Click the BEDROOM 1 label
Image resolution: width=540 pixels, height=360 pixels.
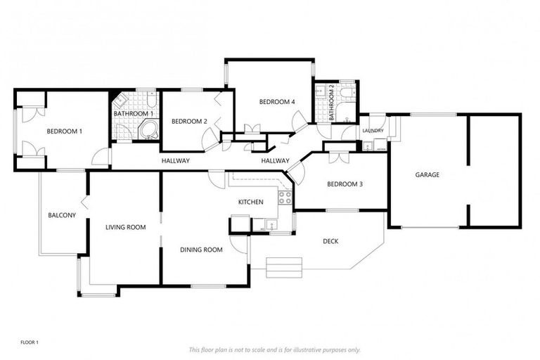click(65, 131)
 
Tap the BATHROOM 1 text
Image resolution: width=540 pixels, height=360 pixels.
click(134, 114)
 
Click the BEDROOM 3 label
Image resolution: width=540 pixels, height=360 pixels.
click(345, 184)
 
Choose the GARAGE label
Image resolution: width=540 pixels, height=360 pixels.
click(427, 175)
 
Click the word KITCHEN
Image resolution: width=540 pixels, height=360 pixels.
click(250, 202)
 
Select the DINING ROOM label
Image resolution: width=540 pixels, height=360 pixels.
click(201, 250)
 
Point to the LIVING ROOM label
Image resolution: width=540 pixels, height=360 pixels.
click(125, 227)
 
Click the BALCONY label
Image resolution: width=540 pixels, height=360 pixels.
click(62, 215)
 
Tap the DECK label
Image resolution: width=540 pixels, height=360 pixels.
click(330, 242)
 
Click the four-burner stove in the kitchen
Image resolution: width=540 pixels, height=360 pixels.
click(285, 198)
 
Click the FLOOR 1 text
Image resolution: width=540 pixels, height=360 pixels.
click(30, 342)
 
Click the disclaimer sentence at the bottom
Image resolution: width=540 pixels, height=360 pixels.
click(274, 349)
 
